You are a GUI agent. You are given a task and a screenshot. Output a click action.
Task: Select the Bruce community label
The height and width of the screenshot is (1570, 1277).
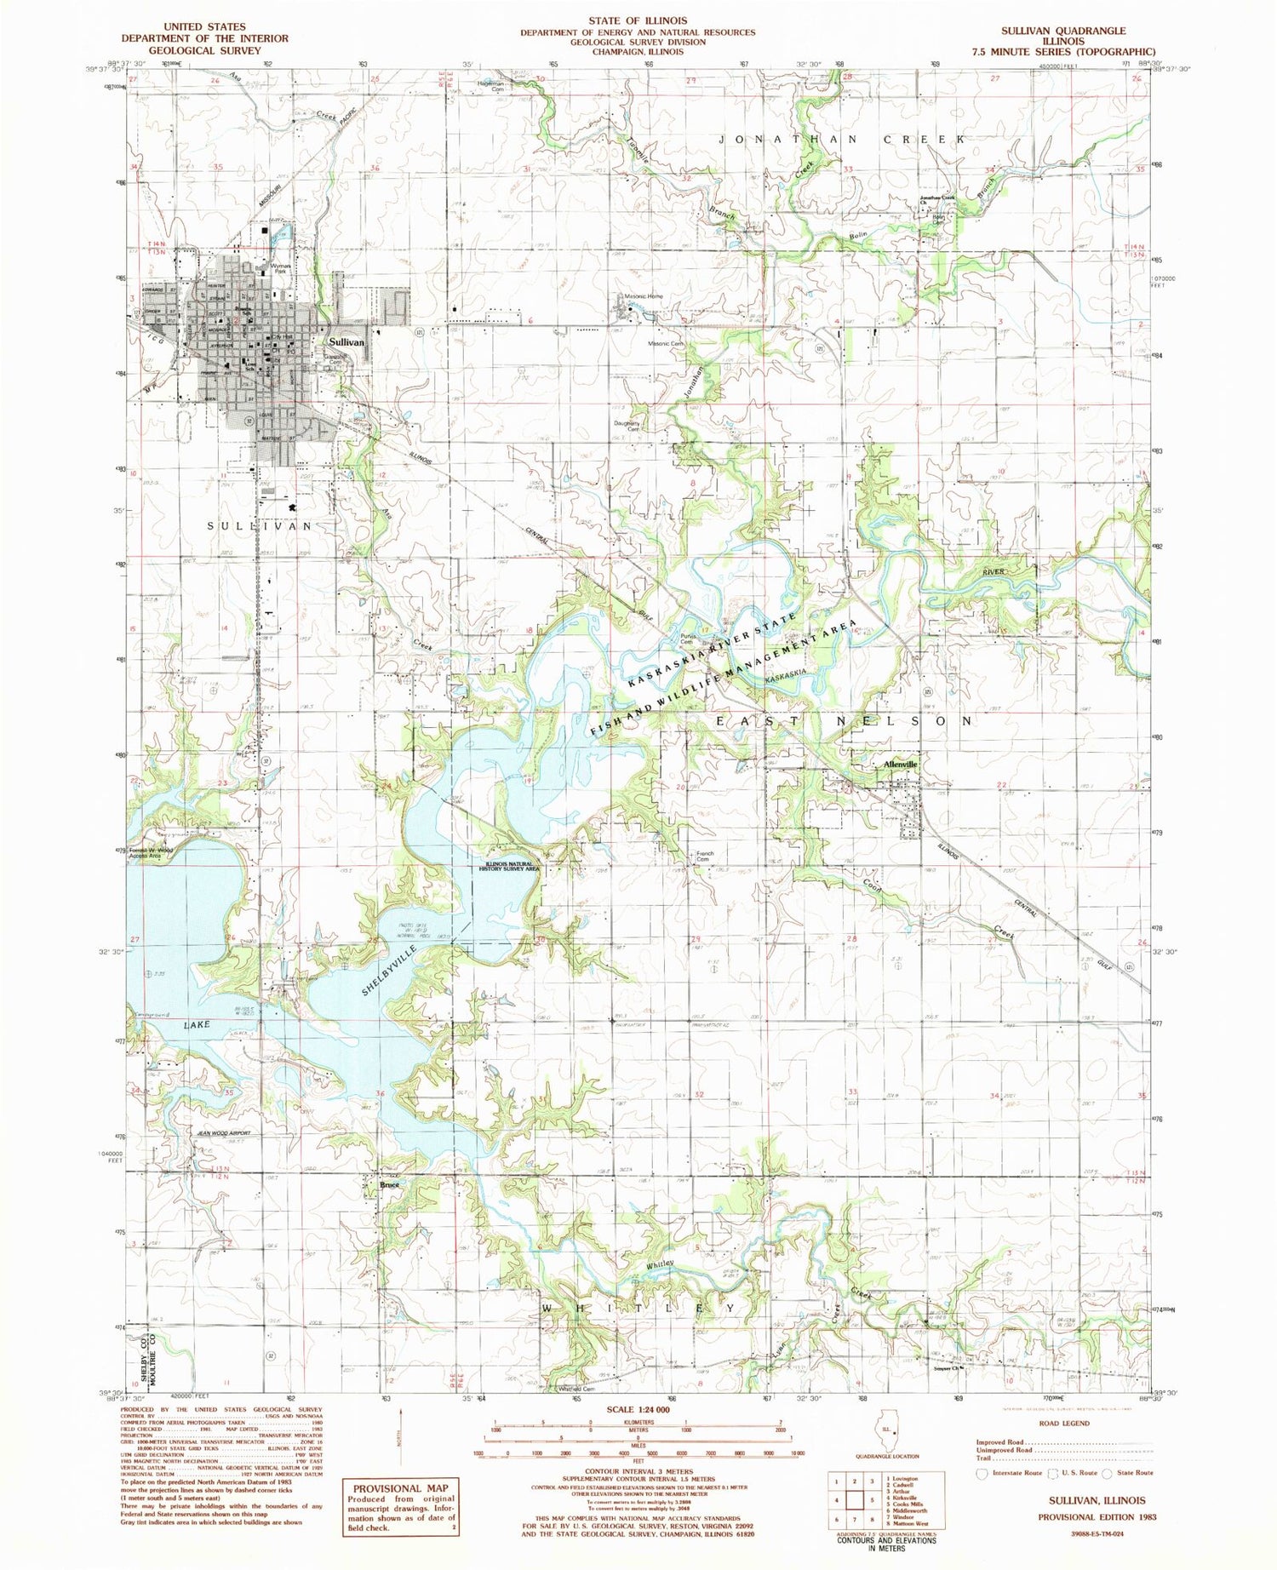point(389,1183)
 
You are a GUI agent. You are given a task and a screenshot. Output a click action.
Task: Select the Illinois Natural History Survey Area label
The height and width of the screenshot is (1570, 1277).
point(508,867)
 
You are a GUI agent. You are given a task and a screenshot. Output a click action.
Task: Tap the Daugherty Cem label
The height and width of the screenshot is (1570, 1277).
point(627,426)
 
